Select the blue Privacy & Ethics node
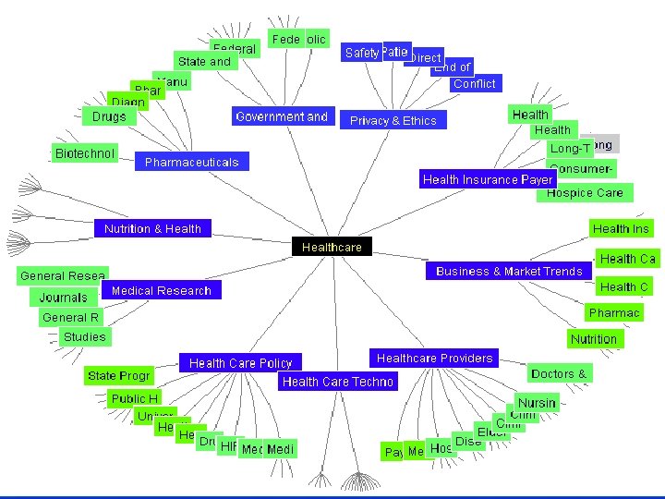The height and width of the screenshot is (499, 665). pyautogui.click(x=393, y=120)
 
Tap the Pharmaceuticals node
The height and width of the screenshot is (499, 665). pyautogui.click(x=191, y=162)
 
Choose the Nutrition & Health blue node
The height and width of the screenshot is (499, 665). pyautogui.click(x=152, y=228)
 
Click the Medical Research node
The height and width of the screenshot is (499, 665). pyautogui.click(x=162, y=290)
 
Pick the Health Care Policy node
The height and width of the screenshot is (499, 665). pyautogui.click(x=240, y=363)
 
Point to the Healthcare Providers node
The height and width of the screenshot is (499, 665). pyautogui.click(x=435, y=358)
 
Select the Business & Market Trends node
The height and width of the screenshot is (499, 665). pyautogui.click(x=509, y=271)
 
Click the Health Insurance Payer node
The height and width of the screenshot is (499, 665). pyautogui.click(x=487, y=179)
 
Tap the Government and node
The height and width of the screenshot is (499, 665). pyautogui.click(x=282, y=116)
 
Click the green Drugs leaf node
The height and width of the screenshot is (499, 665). pyautogui.click(x=109, y=116)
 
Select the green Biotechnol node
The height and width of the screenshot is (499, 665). pyautogui.click(x=85, y=152)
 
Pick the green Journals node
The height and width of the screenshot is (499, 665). pyautogui.click(x=63, y=298)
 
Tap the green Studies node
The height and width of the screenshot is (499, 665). pyautogui.click(x=84, y=336)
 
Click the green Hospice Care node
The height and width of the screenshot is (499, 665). pyautogui.click(x=585, y=192)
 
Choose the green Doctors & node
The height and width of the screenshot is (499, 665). pyautogui.click(x=559, y=373)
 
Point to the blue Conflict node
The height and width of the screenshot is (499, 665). pyautogui.click(x=475, y=83)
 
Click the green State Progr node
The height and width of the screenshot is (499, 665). pyautogui.click(x=118, y=376)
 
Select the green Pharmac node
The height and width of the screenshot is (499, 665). pyautogui.click(x=614, y=312)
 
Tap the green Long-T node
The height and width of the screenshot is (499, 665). pyautogui.click(x=570, y=148)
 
